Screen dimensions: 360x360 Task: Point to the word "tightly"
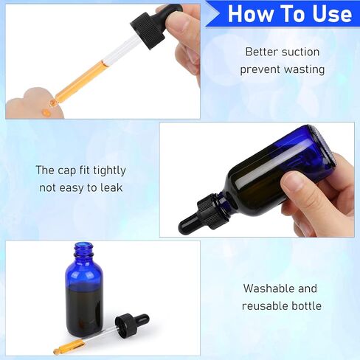(x=109, y=170)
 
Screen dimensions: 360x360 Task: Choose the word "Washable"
(x=269, y=288)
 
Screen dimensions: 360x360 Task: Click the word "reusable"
(x=265, y=306)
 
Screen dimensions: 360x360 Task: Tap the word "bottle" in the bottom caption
(x=306, y=306)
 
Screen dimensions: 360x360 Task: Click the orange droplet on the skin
(x=46, y=112)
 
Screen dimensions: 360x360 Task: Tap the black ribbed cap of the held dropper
(x=148, y=30)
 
